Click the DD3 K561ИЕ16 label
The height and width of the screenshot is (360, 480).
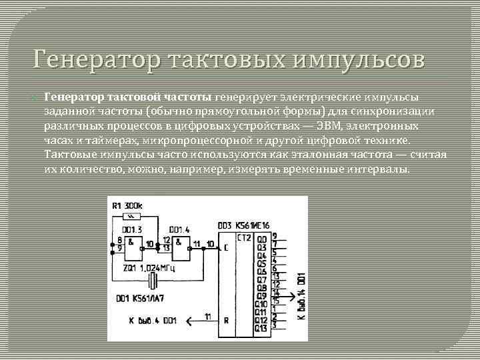coord(244,227)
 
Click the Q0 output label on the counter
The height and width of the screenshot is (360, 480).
coord(262,238)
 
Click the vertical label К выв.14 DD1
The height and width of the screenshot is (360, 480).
coord(301,294)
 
